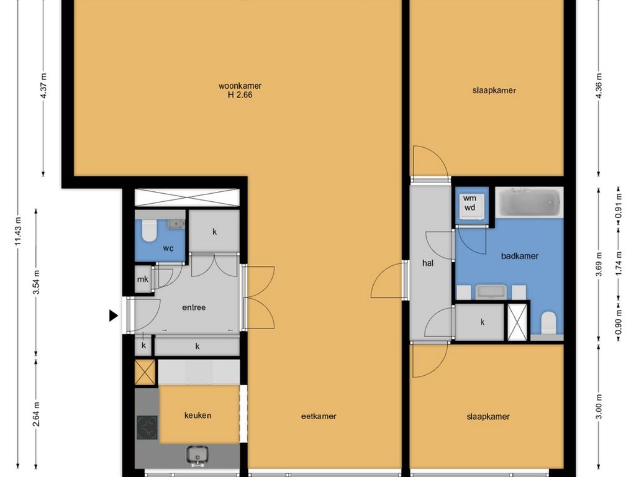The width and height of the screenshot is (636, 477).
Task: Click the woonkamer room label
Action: click(x=240, y=86)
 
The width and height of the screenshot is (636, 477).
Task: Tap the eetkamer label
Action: click(x=319, y=416)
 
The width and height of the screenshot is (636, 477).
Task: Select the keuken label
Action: click(x=198, y=416)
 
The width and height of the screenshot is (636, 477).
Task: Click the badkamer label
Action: click(x=520, y=256)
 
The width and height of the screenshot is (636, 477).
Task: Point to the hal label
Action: click(x=428, y=263)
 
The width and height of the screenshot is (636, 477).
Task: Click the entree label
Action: click(x=194, y=307)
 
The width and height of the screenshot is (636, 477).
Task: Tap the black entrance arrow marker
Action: click(x=114, y=315)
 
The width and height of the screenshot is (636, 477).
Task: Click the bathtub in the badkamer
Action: click(x=529, y=202)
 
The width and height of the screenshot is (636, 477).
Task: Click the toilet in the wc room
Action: click(x=149, y=230)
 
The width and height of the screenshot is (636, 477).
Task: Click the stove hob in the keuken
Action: click(x=147, y=428)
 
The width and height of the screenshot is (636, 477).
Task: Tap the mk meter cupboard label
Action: click(x=143, y=279)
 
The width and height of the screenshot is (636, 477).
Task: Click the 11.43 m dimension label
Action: click(x=18, y=237)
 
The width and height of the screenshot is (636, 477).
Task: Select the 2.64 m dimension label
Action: click(x=37, y=414)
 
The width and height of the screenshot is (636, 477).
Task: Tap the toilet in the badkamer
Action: click(x=549, y=322)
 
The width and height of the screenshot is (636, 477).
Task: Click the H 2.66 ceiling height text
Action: click(x=240, y=95)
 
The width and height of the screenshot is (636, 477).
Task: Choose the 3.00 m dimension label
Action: click(x=599, y=407)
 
